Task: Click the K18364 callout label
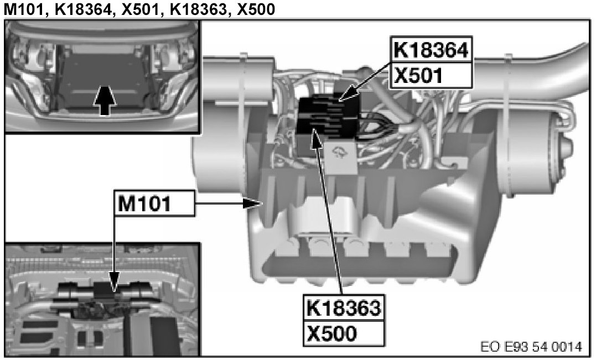pyautogui.click(x=431, y=50)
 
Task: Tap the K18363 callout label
pyautogui.click(x=344, y=307)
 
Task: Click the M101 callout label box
pyautogui.click(x=155, y=204)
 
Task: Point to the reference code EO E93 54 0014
pyautogui.click(x=531, y=347)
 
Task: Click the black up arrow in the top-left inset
pyautogui.click(x=105, y=100)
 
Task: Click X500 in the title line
pyautogui.click(x=256, y=9)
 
